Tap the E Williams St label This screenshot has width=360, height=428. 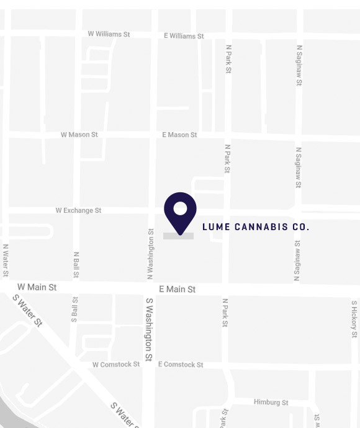pyautogui.click(x=184, y=36)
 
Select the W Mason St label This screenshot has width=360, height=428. pyautogui.click(x=79, y=135)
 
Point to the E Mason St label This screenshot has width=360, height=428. pyautogui.click(x=179, y=135)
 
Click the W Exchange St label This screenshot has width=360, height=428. pyautogui.click(x=78, y=211)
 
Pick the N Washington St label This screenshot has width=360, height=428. pyautogui.click(x=151, y=253)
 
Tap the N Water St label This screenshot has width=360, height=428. pyautogui.click(x=6, y=260)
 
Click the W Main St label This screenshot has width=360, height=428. pyautogui.click(x=37, y=287)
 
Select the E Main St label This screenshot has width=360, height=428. pyautogui.click(x=177, y=290)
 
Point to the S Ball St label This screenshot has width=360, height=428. pyautogui.click(x=75, y=308)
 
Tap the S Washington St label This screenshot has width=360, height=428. pyautogui.click(x=149, y=329)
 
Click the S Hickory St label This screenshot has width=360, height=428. pyautogui.click(x=354, y=319)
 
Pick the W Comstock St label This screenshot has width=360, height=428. pyautogui.click(x=116, y=365)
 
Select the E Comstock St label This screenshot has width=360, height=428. pyautogui.click(x=181, y=365)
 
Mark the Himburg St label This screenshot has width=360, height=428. pyautogui.click(x=271, y=403)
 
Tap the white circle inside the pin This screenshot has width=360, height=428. pyautogui.click(x=180, y=208)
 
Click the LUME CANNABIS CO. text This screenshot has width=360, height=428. pyautogui.click(x=256, y=227)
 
